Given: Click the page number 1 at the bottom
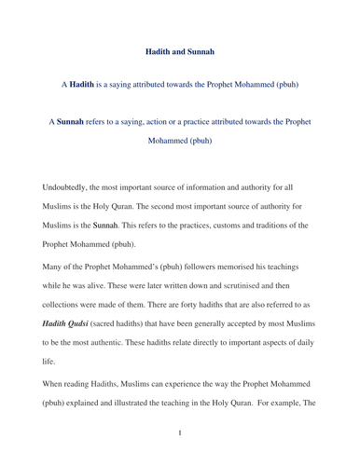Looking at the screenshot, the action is pos(180,432).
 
